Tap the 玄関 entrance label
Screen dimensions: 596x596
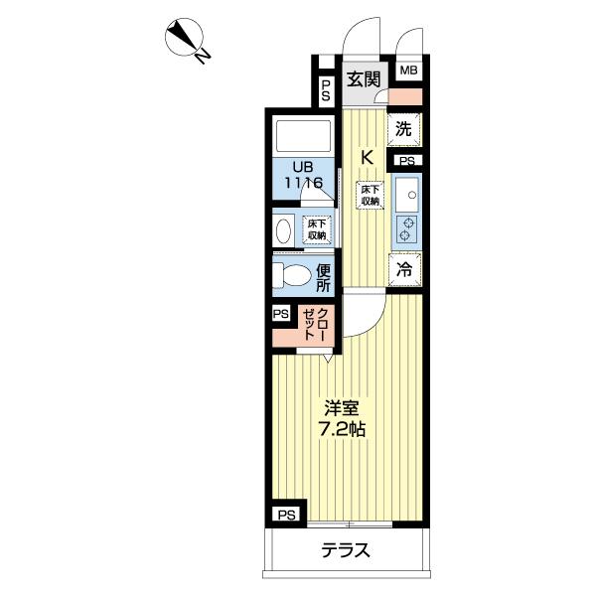(x=364, y=79)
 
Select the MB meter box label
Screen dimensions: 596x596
(x=408, y=71)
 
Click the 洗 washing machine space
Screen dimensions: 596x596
(x=404, y=129)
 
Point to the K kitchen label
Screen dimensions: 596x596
(x=367, y=157)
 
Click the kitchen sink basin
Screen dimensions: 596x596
(x=406, y=195)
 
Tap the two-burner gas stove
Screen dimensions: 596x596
(x=406, y=229)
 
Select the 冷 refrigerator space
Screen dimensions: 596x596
(x=405, y=269)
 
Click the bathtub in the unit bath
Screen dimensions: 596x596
(x=303, y=136)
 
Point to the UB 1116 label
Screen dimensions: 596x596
(x=303, y=175)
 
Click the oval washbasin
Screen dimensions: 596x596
(x=283, y=230)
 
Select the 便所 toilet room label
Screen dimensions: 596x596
(x=323, y=278)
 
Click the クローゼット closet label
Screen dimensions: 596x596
(x=316, y=324)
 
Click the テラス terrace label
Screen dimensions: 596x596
(x=345, y=550)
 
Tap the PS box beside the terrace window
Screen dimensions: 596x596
(x=287, y=515)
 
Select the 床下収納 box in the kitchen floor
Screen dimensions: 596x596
(x=370, y=196)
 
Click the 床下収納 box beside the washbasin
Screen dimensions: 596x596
(x=317, y=229)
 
